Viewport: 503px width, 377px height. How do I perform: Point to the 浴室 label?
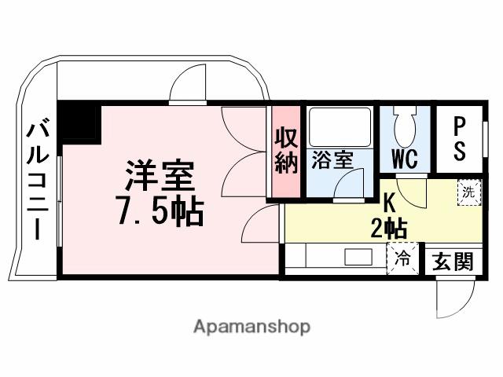pos(332,159)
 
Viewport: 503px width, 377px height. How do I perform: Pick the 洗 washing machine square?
pos(468,192)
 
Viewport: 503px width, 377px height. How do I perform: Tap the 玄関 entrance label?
pos(453,262)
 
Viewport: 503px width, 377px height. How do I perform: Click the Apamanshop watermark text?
pos(251,326)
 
